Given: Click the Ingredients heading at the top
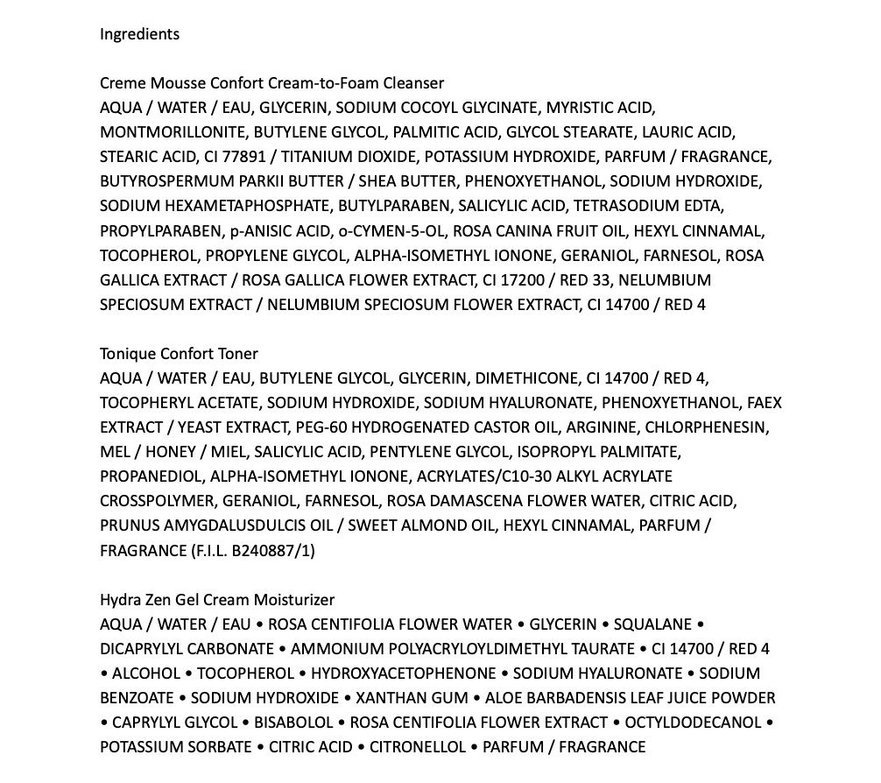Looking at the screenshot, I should click(x=139, y=34).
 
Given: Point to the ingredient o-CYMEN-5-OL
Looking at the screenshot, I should click(x=400, y=231).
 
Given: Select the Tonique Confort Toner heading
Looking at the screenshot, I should click(x=179, y=354).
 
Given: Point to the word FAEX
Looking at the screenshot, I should click(x=765, y=403).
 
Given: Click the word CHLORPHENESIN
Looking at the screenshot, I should click(x=710, y=427).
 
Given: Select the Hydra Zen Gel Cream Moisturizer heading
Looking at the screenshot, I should click(x=216, y=600).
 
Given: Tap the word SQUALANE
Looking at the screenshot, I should click(x=652, y=624).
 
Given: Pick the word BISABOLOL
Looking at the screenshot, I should click(x=293, y=723).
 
